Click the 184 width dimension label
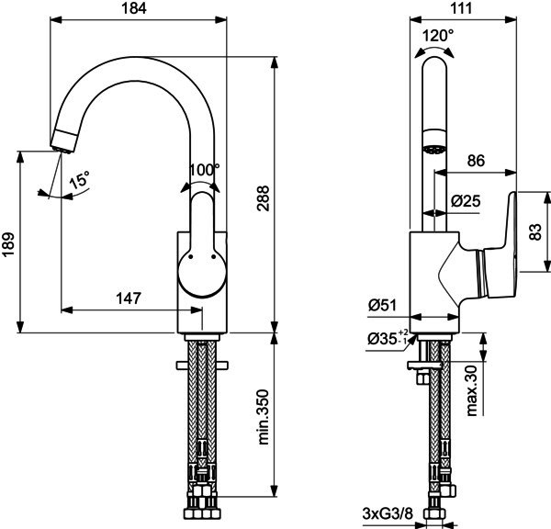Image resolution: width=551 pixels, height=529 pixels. (x=134, y=8)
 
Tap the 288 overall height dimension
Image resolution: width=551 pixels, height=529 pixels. (x=263, y=197)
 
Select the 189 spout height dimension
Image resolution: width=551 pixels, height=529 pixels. (x=8, y=243)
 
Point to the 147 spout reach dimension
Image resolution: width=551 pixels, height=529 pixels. (x=129, y=298)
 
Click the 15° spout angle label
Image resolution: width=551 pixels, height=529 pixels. (x=79, y=180)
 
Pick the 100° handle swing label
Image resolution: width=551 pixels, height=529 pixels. (x=204, y=171)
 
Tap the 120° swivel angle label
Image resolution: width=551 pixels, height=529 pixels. (x=438, y=36)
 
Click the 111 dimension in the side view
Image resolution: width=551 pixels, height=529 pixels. (x=461, y=8)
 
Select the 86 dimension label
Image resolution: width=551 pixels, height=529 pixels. (x=476, y=161)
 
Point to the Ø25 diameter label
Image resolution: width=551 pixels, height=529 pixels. (x=466, y=201)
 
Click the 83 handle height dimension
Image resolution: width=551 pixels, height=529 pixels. (x=535, y=232)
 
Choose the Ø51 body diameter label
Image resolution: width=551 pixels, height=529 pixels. (x=382, y=305)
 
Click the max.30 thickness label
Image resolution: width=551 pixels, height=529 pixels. (x=471, y=390)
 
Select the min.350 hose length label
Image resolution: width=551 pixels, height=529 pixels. (x=263, y=417)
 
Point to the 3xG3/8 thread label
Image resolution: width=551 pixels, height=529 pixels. (x=388, y=514)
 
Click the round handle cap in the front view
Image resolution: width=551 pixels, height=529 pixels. (x=202, y=275)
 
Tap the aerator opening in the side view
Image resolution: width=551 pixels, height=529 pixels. (x=434, y=150)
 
